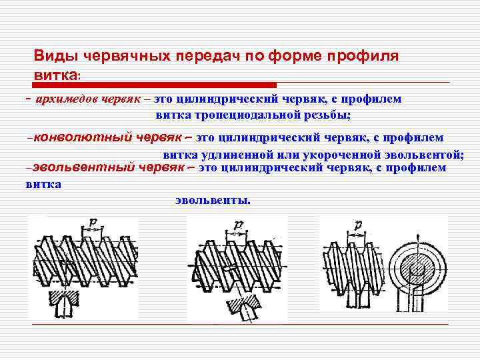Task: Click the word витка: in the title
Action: click(x=57, y=75)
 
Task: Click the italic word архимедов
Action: click(x=66, y=99)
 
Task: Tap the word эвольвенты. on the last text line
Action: click(x=213, y=199)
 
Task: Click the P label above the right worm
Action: click(x=358, y=225)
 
